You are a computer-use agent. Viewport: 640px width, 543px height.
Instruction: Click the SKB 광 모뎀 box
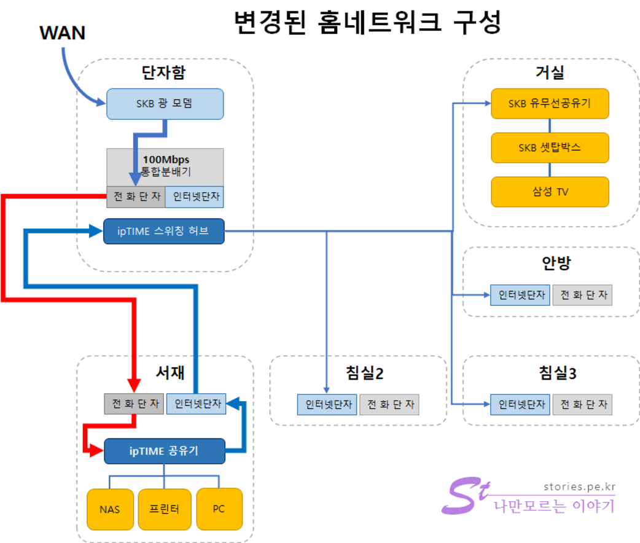(165, 104)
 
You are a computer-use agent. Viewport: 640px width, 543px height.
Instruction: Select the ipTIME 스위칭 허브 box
(163, 232)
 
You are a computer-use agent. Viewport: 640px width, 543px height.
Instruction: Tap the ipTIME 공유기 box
(164, 451)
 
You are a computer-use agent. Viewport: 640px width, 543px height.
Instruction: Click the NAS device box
(110, 509)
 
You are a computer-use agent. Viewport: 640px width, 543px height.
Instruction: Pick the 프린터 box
(164, 509)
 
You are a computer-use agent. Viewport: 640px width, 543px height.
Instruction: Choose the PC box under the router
(219, 509)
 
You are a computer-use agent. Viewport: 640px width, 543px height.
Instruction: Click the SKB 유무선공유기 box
(549, 103)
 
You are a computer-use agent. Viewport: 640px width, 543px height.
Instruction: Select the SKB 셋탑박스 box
(549, 148)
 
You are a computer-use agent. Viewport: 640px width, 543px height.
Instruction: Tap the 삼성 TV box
(549, 192)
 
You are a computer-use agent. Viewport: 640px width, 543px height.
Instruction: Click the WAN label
(62, 33)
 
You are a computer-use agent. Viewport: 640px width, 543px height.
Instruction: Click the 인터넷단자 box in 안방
(520, 295)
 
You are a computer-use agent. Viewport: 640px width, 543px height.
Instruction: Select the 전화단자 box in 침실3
(582, 404)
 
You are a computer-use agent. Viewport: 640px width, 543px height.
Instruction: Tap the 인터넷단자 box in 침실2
(327, 404)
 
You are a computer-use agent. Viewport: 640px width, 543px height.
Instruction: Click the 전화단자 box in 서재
(134, 404)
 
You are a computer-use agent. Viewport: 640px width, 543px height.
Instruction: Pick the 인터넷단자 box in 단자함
(194, 197)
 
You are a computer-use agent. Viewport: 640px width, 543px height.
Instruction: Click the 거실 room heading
(550, 72)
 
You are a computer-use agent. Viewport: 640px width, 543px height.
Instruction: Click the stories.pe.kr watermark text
(579, 487)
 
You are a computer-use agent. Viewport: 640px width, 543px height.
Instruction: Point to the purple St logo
(465, 496)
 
